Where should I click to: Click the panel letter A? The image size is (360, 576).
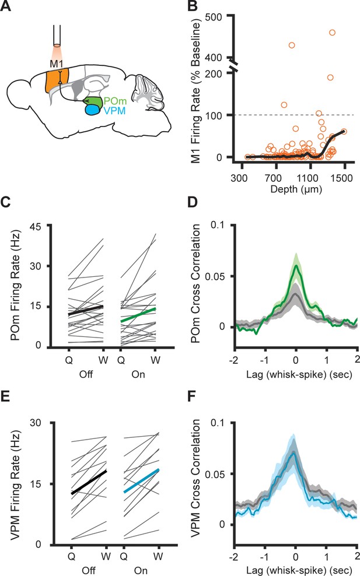click(x=6, y=6)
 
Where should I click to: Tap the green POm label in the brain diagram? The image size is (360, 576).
click(x=116, y=101)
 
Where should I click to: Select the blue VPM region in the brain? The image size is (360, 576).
click(x=93, y=110)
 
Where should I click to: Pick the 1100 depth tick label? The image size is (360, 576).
click(x=308, y=178)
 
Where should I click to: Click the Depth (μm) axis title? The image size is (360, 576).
click(x=296, y=189)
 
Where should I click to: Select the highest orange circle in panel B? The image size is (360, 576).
click(x=332, y=33)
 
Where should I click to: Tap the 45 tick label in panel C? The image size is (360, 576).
click(x=36, y=226)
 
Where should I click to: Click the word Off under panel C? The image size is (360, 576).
click(x=86, y=374)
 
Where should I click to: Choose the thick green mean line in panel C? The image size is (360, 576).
click(x=139, y=315)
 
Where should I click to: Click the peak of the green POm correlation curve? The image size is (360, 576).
click(x=296, y=265)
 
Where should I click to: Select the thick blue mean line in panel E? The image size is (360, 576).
click(x=142, y=480)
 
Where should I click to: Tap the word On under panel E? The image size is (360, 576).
click(x=141, y=571)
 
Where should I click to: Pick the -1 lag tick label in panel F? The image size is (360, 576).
click(x=264, y=557)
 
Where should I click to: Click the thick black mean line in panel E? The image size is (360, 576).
click(x=89, y=482)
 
